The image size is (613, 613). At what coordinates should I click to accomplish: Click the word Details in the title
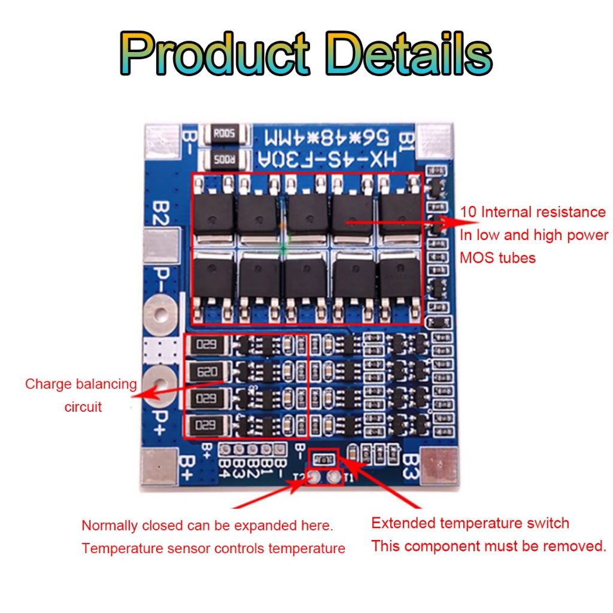(x=410, y=54)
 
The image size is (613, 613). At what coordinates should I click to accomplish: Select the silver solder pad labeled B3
(x=440, y=465)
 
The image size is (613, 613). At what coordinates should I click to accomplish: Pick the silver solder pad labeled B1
(x=435, y=141)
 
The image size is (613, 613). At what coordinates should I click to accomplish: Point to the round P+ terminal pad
(x=160, y=380)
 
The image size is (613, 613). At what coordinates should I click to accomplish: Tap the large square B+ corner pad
(x=159, y=466)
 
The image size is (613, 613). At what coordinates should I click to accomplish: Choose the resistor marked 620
(x=207, y=372)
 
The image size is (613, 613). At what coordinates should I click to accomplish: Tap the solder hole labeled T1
(x=333, y=477)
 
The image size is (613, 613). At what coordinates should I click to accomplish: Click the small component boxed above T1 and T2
(x=324, y=459)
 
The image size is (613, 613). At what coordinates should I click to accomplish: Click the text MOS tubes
(x=497, y=258)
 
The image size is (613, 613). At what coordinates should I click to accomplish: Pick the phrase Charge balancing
(x=81, y=384)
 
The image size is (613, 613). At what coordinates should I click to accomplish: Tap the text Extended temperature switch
(x=470, y=523)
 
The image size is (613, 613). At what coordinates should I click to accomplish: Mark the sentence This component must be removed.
(x=488, y=546)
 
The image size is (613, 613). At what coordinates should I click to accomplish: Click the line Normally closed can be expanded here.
(x=207, y=526)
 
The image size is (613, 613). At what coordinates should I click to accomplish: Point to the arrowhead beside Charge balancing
(x=144, y=395)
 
